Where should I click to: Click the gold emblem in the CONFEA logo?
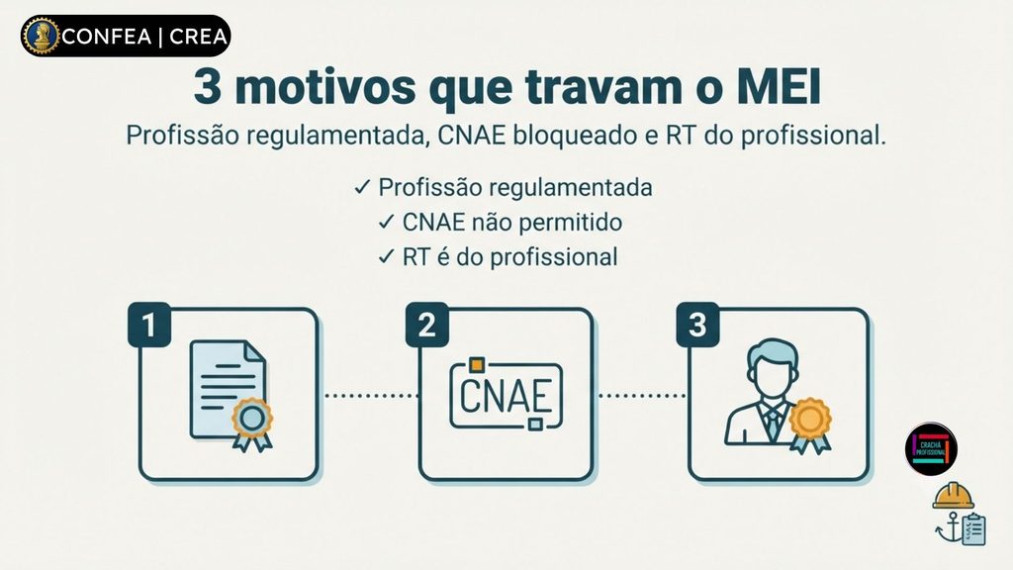41,37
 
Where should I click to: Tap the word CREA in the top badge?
198,37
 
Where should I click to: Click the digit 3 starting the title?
208,87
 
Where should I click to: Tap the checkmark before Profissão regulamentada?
362,187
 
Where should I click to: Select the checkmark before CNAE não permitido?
387,223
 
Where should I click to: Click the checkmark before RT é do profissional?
387,257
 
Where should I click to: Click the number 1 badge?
149,325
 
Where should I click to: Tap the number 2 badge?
427,325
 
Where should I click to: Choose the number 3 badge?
697,325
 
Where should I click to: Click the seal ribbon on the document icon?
252,425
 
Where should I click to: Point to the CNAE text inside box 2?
506,395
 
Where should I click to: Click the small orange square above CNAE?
477,366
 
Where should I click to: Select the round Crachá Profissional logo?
931,449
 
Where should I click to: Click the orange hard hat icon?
953,496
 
